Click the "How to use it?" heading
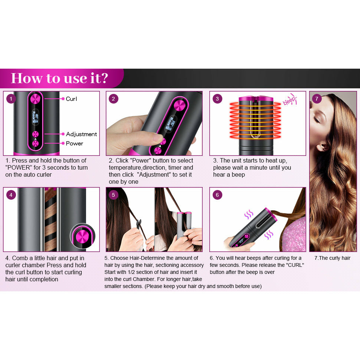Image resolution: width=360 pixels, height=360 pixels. point(59,78)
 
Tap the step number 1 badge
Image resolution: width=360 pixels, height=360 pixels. point(12,99)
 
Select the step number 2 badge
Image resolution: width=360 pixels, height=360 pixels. point(114,99)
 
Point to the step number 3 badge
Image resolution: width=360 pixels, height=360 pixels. point(217,99)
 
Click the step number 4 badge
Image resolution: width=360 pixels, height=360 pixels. point(12,194)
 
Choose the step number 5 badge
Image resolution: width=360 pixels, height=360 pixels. point(114,194)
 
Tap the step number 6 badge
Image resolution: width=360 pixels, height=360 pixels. point(217,194)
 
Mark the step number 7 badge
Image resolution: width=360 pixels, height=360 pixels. point(317,99)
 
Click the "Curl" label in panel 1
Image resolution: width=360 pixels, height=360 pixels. point(71,99)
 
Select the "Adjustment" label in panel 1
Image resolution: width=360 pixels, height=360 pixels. point(81,134)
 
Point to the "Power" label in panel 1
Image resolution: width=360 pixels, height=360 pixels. point(74,144)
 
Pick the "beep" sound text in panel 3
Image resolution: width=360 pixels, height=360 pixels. point(290,101)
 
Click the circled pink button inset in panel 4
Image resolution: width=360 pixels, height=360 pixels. point(82,236)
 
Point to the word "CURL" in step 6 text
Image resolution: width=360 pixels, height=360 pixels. point(294,265)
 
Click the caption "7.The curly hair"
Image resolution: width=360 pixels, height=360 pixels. point(332,258)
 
